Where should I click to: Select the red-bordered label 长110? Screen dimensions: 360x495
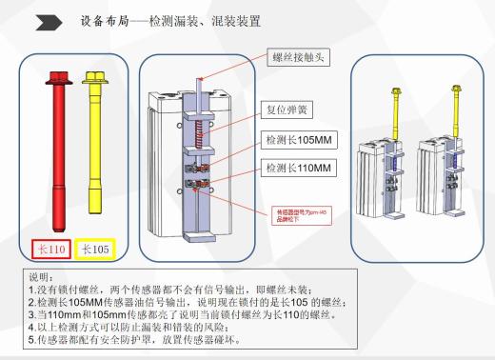coord(49,249)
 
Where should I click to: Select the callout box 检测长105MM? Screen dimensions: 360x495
coord(297,139)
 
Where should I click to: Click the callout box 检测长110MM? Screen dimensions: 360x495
coord(297,169)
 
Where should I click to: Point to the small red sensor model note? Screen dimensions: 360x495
coord(299,213)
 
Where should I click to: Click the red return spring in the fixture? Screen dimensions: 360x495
coord(200,134)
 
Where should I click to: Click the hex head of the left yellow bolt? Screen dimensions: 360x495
coord(93,76)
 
